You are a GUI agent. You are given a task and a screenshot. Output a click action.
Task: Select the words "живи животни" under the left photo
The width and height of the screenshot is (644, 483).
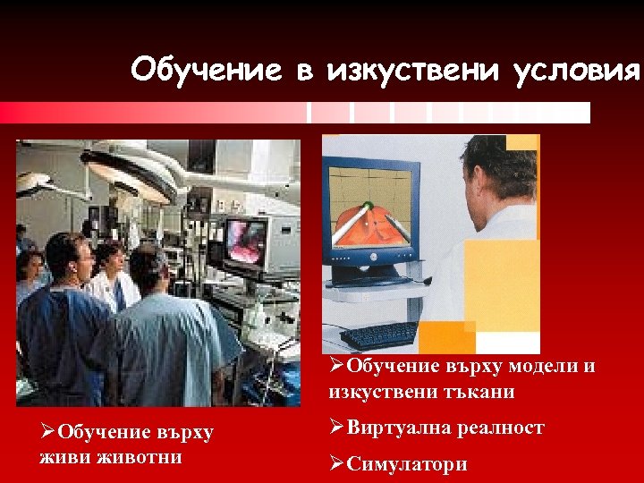(x=113, y=457)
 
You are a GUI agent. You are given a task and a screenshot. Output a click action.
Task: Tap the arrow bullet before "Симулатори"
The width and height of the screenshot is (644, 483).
(x=336, y=464)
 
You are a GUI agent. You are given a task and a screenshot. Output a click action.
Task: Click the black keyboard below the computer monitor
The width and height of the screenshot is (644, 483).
(x=380, y=335)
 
